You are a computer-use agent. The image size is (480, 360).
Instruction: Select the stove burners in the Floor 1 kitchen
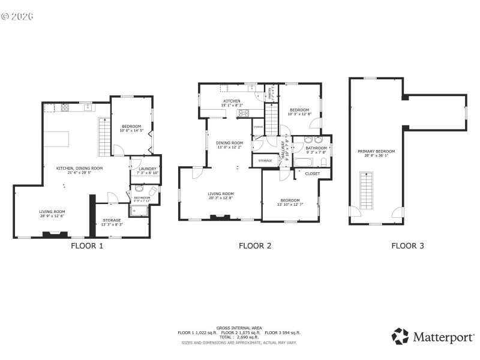tap(64, 108)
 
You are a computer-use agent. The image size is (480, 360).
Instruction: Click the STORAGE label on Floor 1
tap(112, 220)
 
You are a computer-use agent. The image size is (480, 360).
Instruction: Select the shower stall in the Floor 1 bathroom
tap(140, 209)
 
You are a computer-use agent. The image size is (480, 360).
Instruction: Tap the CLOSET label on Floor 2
tap(313, 173)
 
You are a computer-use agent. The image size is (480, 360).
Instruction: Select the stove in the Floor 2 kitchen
tap(244, 113)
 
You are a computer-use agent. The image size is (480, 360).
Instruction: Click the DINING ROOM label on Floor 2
tap(229, 143)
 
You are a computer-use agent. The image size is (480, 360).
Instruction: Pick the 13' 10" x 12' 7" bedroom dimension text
tap(290, 205)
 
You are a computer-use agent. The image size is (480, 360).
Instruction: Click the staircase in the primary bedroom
tap(365, 190)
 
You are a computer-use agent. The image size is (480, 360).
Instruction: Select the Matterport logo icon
tap(400, 336)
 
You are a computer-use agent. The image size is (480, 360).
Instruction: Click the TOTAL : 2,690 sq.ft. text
tap(239, 337)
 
